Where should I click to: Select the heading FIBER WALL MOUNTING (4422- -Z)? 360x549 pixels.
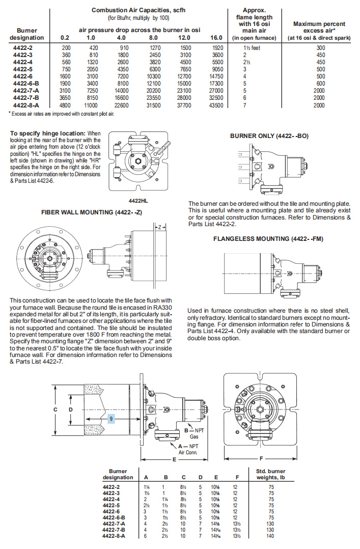point(84,211)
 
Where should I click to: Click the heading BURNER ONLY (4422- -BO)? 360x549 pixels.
point(269,136)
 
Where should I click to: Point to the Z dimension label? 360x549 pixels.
point(160,227)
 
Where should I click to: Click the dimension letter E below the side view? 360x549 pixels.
point(174,459)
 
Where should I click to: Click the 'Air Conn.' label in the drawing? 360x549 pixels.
point(187,451)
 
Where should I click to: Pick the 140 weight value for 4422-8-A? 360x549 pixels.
point(270,536)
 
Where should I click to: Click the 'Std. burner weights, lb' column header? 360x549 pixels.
point(271,474)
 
